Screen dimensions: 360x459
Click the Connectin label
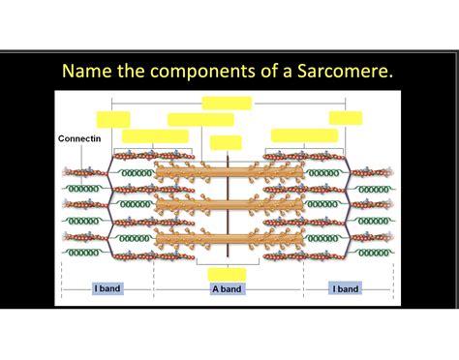coord(77,138)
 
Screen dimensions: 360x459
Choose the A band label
coord(229,288)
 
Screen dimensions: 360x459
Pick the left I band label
coord(107,288)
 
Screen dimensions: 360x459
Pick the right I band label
coord(345,288)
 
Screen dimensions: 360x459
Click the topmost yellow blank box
coord(227,103)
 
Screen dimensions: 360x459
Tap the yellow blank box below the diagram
coord(228,274)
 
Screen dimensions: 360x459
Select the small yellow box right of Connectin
coord(113,119)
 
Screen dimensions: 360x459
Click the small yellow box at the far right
coord(346,118)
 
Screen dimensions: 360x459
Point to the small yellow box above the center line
coord(226,142)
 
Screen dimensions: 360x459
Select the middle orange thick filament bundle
coord(228,206)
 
